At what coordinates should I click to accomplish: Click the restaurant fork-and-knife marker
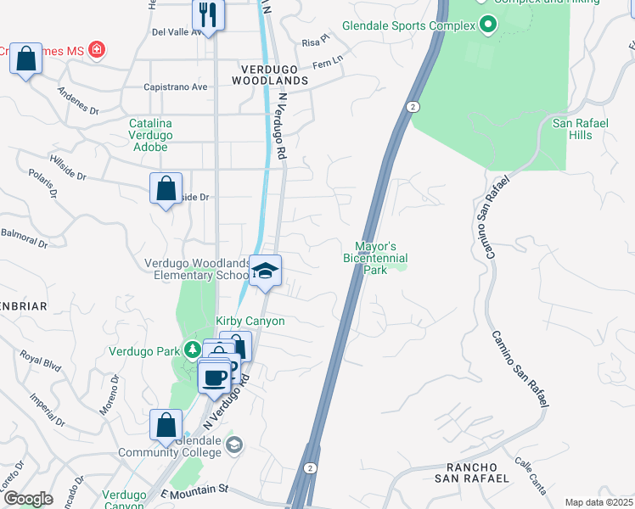207,14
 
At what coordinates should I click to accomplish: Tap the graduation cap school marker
266,271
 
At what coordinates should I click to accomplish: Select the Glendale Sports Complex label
408,25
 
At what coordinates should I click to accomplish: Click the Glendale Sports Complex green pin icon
486,25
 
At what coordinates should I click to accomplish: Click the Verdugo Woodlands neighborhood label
273,80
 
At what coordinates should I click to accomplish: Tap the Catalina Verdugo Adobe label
150,135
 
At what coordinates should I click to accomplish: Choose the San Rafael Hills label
581,129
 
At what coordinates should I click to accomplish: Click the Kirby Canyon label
250,321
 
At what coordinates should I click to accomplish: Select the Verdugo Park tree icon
193,350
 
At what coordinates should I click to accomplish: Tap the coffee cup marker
214,376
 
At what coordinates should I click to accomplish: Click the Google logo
28,499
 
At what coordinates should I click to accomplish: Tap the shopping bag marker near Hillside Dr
166,188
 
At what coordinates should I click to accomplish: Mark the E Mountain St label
194,489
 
